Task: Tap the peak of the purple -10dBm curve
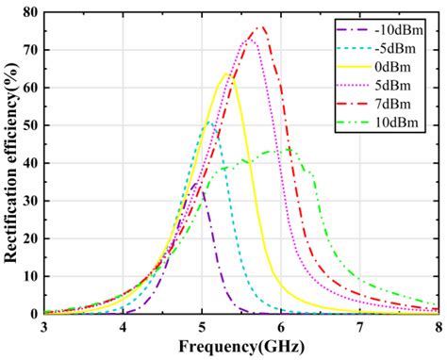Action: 196,184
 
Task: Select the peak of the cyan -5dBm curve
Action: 209,122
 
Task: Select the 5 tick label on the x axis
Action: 202,327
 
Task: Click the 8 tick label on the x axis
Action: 438,327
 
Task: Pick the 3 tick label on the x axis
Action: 44,327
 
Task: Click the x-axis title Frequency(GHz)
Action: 241,347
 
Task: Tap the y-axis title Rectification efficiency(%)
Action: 10,162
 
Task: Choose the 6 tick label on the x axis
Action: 281,327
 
